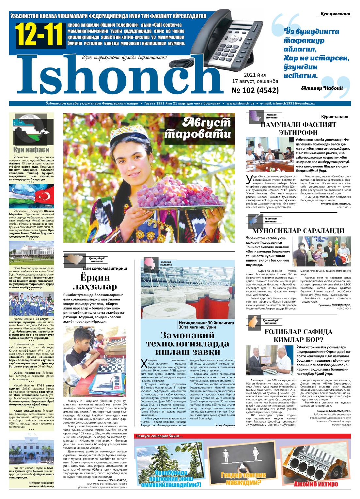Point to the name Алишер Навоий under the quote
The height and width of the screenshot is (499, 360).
[x=322, y=88]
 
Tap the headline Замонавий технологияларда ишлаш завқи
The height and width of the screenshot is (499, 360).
[x=187, y=343]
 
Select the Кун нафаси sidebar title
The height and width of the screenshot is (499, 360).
[x=31, y=150]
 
